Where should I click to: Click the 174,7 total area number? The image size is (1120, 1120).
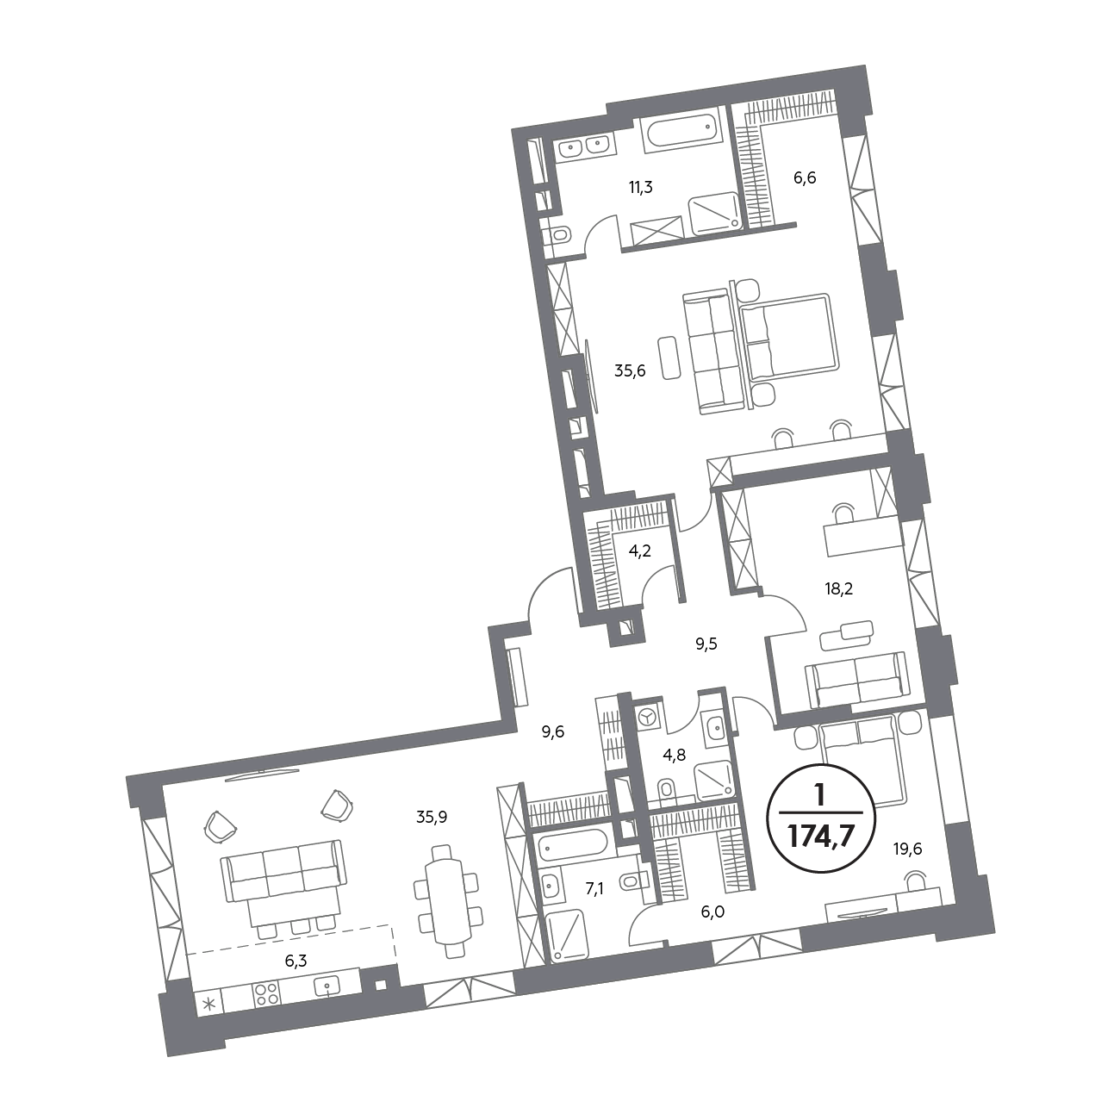point(820,837)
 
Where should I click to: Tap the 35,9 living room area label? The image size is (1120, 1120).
point(432,818)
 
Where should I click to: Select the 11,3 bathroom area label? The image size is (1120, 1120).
point(640,187)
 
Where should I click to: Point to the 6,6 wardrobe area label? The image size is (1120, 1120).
point(805,177)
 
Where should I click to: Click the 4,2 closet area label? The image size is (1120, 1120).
point(639,551)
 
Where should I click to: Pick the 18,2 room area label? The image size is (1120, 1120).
point(838,588)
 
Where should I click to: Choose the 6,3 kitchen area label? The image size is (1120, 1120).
point(296,961)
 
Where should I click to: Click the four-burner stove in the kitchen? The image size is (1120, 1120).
point(266,994)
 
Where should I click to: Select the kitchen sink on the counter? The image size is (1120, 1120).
point(327,986)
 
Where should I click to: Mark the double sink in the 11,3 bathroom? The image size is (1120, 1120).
point(586,146)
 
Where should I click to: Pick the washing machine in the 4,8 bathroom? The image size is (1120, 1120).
point(645,718)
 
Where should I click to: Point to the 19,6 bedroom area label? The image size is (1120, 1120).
point(908,849)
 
